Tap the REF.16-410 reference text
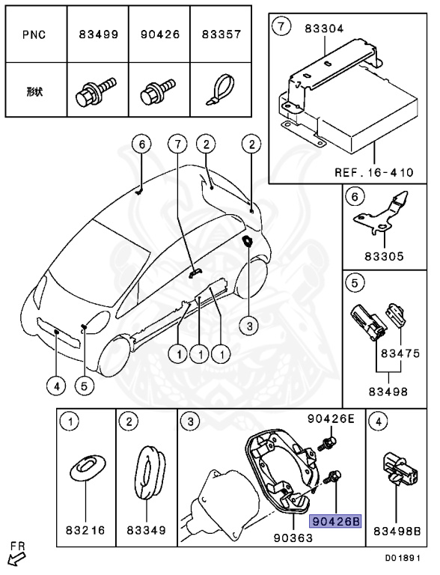pos(373,172)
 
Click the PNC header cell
pos(36,34)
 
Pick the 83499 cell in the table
pos(97,34)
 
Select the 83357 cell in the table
pos(220,34)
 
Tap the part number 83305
pos(384,256)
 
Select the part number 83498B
pos(397,531)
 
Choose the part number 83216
pos(86,531)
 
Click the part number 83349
pos(146,531)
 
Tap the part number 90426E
pos(331,419)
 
